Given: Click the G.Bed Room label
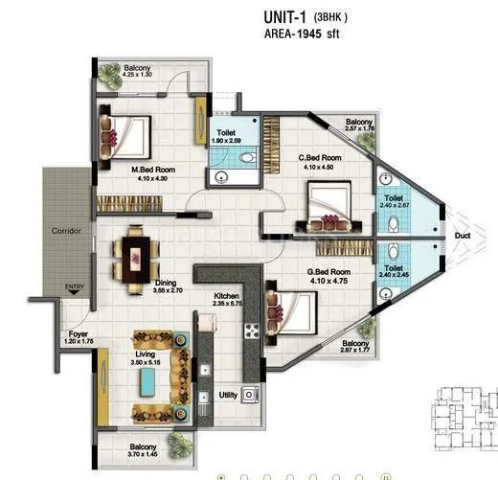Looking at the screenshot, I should click(x=328, y=272).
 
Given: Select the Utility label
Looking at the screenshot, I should click(x=228, y=394).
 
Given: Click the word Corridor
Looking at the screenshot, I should click(x=66, y=231).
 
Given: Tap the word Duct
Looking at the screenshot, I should click(x=463, y=233).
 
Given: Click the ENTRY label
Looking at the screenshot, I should click(x=74, y=286).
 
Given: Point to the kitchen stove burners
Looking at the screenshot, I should click(x=254, y=331).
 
